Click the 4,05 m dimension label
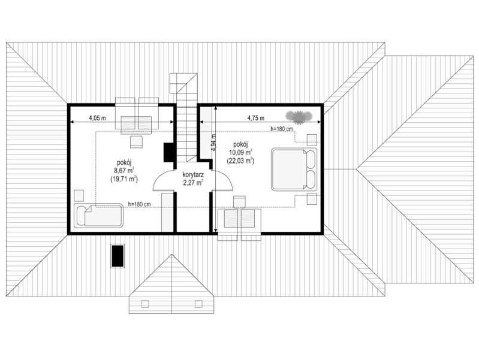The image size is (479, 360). point(98,118)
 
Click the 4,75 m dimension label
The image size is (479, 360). point(256,118)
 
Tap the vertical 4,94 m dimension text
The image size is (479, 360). point(213,143)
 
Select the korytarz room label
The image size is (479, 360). point(193,176)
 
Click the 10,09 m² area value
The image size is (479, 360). point(240,152)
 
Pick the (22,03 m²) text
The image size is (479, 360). point(240,161)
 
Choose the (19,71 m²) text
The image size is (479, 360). point(124,179)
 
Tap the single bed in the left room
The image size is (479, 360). point(98,216)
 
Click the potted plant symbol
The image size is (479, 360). point(299,117)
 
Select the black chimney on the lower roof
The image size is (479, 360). point(118,256)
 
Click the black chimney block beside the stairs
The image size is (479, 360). point(169,152)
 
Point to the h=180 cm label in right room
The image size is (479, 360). point(282,129)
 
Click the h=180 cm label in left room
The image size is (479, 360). point(139,204)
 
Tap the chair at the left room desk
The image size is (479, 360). point(137,142)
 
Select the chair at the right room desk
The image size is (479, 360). point(240,202)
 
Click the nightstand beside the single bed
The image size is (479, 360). point(79,195)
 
